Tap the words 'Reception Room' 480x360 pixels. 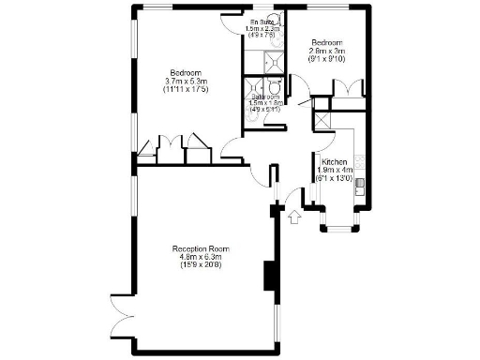[202, 248]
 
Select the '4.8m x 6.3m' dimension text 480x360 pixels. [202, 257]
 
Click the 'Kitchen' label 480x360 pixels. [333, 161]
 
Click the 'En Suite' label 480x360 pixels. [262, 21]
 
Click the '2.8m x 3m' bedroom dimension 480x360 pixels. [328, 52]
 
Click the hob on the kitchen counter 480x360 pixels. [359, 155]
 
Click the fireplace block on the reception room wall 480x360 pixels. [270, 277]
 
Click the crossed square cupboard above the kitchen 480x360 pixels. [322, 121]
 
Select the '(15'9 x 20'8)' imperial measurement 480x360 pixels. [202, 265]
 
